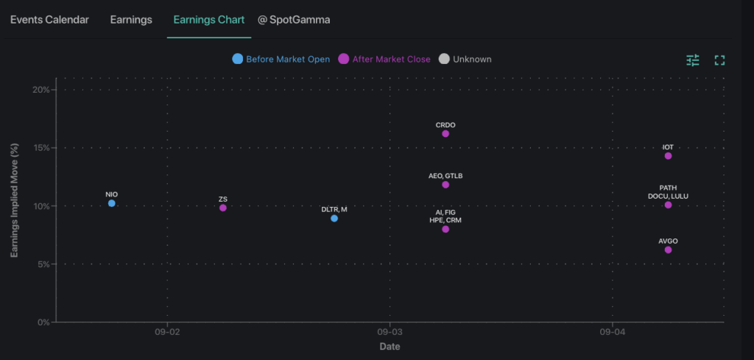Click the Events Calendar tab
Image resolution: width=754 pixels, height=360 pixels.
click(49, 20)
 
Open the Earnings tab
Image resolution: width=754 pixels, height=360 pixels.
click(131, 20)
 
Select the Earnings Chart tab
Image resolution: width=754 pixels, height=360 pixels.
click(209, 20)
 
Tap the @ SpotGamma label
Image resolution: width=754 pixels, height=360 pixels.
click(294, 20)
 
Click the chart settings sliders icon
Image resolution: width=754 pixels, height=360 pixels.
click(693, 60)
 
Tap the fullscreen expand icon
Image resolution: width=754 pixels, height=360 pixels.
click(720, 60)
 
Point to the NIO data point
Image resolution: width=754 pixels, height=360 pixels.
click(112, 203)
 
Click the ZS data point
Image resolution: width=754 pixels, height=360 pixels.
click(223, 208)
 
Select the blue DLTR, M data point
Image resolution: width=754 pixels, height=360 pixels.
click(334, 218)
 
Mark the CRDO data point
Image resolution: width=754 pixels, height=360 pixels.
click(445, 133)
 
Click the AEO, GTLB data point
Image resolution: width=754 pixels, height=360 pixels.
click(445, 184)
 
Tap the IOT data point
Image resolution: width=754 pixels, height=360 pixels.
click(668, 155)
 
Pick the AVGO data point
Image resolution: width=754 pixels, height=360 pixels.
click(668, 250)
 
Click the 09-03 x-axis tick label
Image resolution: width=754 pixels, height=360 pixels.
click(390, 333)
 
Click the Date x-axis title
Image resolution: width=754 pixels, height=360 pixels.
click(390, 346)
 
